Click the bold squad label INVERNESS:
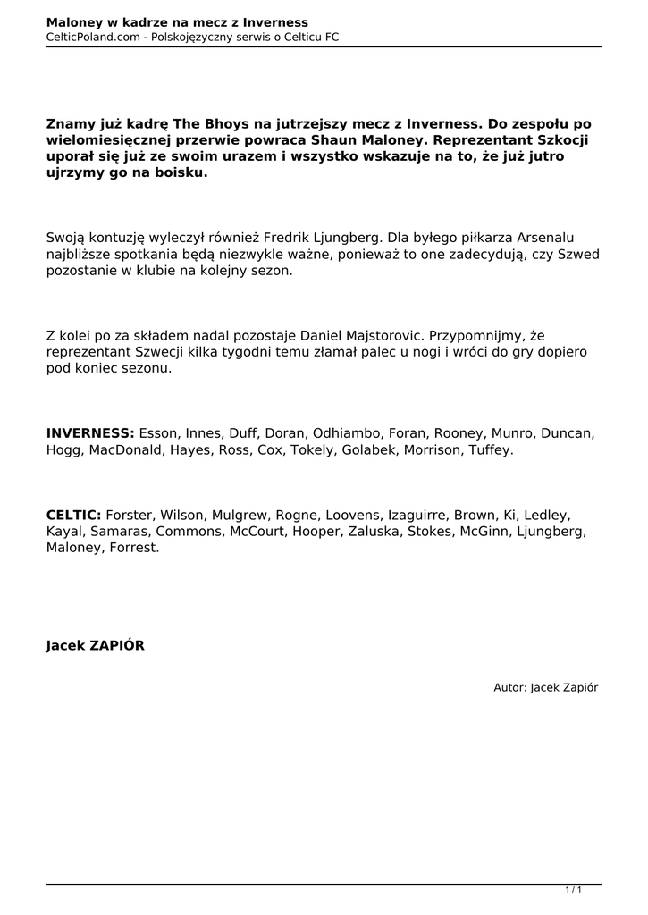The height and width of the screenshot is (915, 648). tap(90, 433)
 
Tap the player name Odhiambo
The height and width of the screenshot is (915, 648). tap(347, 433)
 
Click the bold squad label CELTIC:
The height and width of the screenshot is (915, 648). tap(73, 516)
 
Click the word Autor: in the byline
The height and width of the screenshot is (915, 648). tap(509, 687)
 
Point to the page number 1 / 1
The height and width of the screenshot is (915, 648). tap(573, 889)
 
